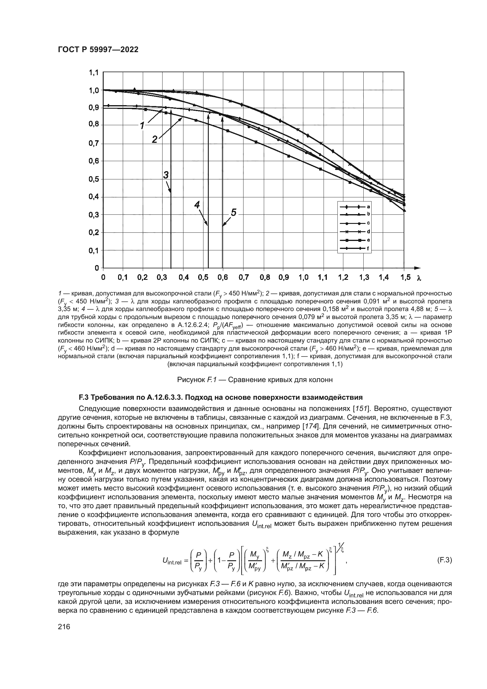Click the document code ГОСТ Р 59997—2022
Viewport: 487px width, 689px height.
(98, 50)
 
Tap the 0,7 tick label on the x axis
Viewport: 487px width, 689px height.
(243, 277)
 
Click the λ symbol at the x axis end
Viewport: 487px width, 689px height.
(419, 278)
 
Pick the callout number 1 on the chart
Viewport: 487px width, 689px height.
(143, 125)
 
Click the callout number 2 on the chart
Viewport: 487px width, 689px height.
(155, 139)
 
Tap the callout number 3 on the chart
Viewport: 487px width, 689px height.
(166, 175)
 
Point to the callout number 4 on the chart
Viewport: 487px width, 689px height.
(197, 205)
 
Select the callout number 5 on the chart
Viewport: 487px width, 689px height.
(233, 213)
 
